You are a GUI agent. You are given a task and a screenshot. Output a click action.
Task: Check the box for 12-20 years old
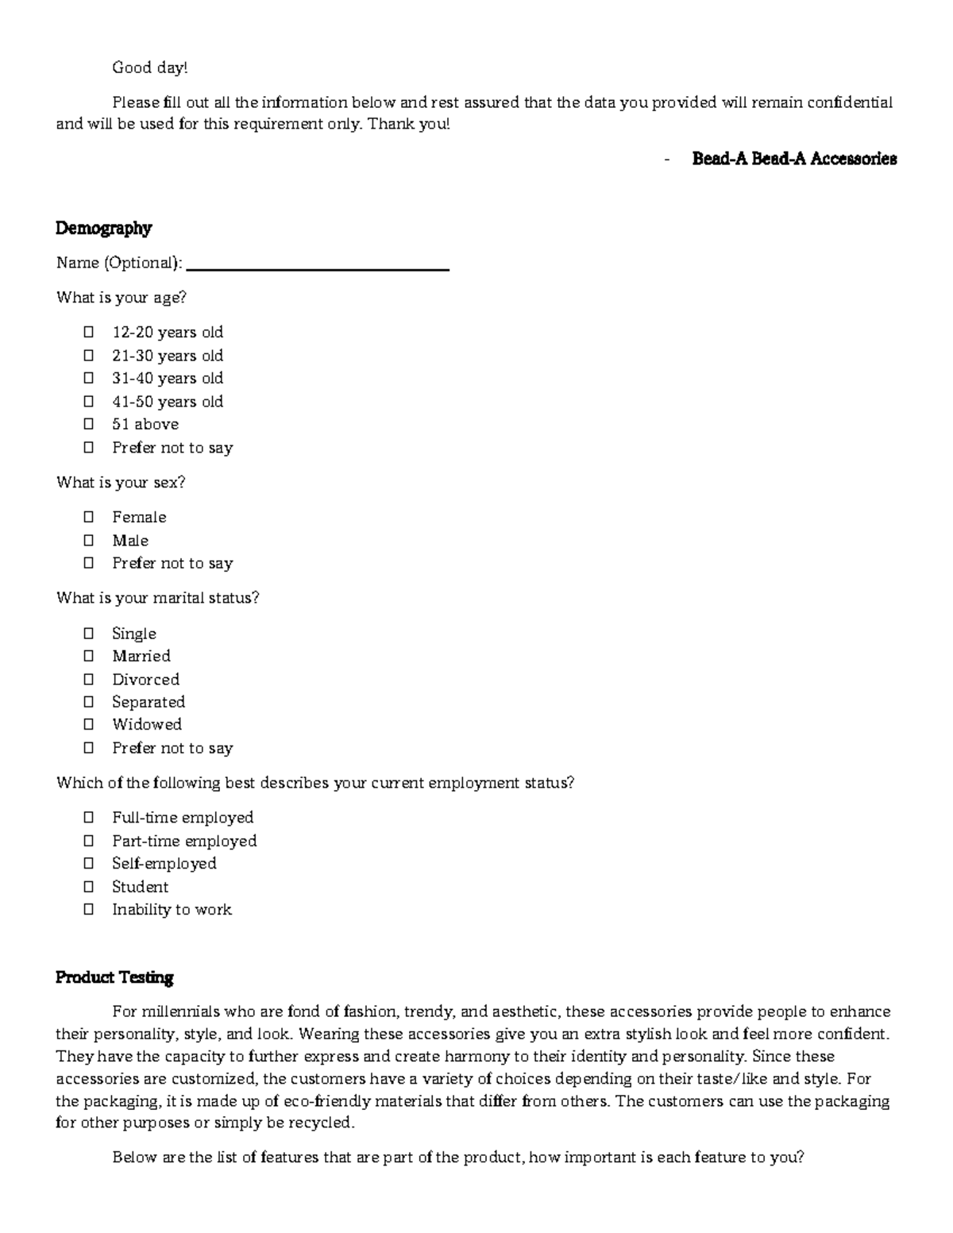pyautogui.click(x=88, y=332)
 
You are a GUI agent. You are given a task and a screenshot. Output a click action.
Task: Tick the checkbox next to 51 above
pyautogui.click(x=88, y=424)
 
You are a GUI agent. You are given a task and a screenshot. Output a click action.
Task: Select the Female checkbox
pyautogui.click(x=88, y=517)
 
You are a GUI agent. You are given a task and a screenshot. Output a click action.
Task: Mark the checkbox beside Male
pyautogui.click(x=88, y=540)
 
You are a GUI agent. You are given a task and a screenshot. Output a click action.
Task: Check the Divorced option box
pyautogui.click(x=88, y=679)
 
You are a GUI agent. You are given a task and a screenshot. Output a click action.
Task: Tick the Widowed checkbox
pyautogui.click(x=88, y=724)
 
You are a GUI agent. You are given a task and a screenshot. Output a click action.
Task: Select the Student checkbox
pyautogui.click(x=88, y=886)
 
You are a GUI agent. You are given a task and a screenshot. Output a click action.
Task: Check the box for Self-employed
pyautogui.click(x=88, y=863)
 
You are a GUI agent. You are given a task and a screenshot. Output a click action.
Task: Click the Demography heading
pyautogui.click(x=103, y=229)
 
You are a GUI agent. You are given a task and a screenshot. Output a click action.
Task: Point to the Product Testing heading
pyautogui.click(x=114, y=977)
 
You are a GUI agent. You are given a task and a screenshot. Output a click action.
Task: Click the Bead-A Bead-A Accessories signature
pyautogui.click(x=794, y=159)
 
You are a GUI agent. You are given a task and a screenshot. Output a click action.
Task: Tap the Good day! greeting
pyautogui.click(x=150, y=68)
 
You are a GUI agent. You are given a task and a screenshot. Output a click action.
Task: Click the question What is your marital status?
pyautogui.click(x=157, y=598)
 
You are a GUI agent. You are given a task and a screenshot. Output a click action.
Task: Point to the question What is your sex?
pyautogui.click(x=121, y=483)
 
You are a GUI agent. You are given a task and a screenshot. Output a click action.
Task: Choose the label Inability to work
pyautogui.click(x=172, y=910)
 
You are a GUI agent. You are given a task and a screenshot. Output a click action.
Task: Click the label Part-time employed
pyautogui.click(x=184, y=841)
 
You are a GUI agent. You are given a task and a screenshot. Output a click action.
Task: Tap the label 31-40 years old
pyautogui.click(x=168, y=378)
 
